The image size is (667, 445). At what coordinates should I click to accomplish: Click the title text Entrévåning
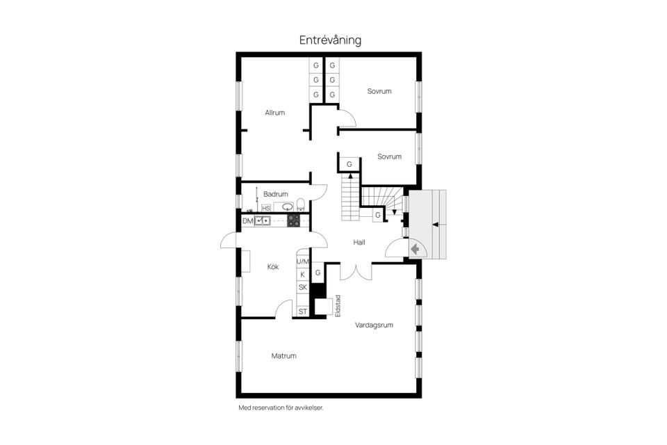[330, 40]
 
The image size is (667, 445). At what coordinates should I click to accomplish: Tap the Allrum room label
[274, 112]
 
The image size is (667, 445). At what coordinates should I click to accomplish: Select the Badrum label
[276, 193]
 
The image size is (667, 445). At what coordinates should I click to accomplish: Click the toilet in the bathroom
[300, 204]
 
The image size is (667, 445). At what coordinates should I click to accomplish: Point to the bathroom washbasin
[287, 207]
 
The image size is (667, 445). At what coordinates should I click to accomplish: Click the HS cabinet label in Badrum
[265, 208]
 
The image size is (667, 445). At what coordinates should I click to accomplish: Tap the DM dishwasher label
[247, 221]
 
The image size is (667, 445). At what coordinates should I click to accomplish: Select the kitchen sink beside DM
[263, 221]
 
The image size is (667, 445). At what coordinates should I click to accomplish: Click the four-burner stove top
[294, 221]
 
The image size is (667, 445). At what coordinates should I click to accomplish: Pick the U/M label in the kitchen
[302, 262]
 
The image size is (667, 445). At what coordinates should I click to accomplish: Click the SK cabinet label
[302, 287]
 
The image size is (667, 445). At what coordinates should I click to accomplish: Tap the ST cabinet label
[302, 311]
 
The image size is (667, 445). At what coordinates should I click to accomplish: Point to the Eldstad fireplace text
[338, 307]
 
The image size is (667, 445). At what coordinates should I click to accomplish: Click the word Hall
[359, 242]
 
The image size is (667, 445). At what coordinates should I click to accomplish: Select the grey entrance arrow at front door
[414, 248]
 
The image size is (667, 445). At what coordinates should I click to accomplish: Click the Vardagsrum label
[374, 325]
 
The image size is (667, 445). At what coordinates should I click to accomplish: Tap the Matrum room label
[283, 355]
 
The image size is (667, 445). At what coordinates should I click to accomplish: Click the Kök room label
[274, 266]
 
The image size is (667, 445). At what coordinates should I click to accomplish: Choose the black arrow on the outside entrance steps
[435, 224]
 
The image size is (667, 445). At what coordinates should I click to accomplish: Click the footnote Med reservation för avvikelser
[280, 408]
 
